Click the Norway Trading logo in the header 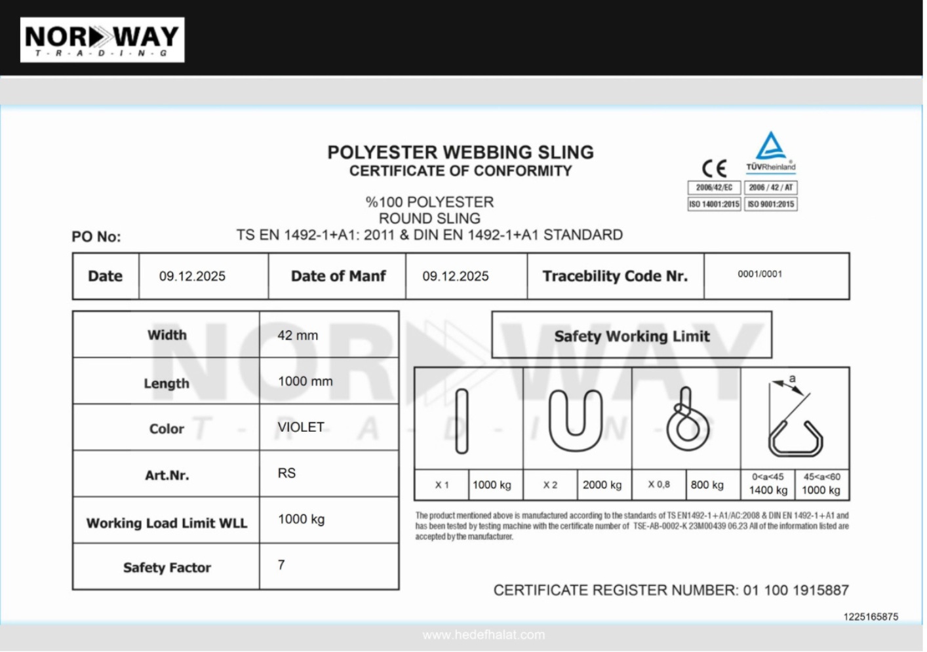[x=102, y=40]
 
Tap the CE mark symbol [x=714, y=168]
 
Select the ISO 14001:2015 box [x=714, y=204]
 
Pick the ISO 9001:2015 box [x=771, y=204]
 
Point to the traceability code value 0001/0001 [x=760, y=274]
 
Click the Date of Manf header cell [x=338, y=277]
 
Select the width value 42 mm [x=298, y=336]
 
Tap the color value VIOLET [x=301, y=427]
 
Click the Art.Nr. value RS [x=286, y=473]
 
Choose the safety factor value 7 [x=281, y=565]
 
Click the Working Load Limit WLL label [x=167, y=523]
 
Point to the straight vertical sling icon [x=462, y=421]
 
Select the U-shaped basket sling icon [x=575, y=420]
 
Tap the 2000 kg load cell [x=602, y=485]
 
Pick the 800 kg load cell [x=707, y=485]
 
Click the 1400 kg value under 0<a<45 [x=768, y=490]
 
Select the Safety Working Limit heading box [x=631, y=336]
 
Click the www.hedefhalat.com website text [x=483, y=634]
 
